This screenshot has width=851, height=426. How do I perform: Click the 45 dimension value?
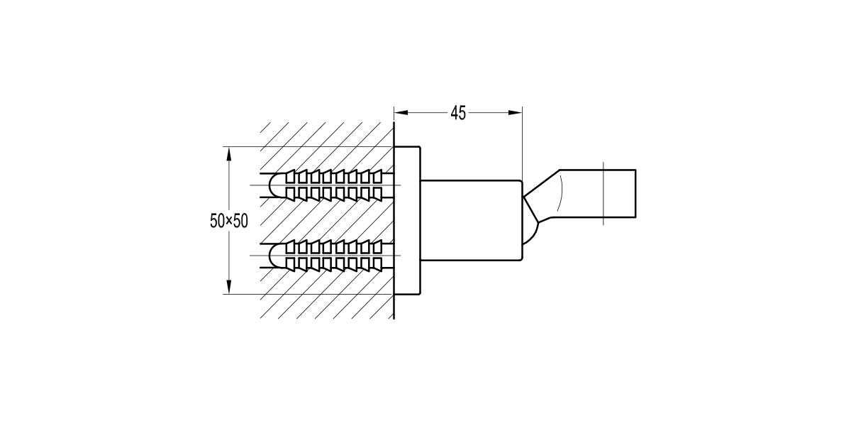pyautogui.click(x=458, y=113)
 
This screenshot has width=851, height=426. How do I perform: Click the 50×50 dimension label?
pyautogui.click(x=229, y=221)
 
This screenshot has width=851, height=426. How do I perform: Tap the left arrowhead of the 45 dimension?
pyautogui.click(x=399, y=112)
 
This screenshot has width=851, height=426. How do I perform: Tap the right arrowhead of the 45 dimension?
pyautogui.click(x=516, y=112)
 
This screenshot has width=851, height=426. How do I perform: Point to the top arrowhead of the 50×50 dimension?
pyautogui.click(x=229, y=152)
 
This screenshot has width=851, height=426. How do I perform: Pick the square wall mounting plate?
pyautogui.click(x=407, y=220)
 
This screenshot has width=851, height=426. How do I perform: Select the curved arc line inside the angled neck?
pyautogui.click(x=560, y=192)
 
